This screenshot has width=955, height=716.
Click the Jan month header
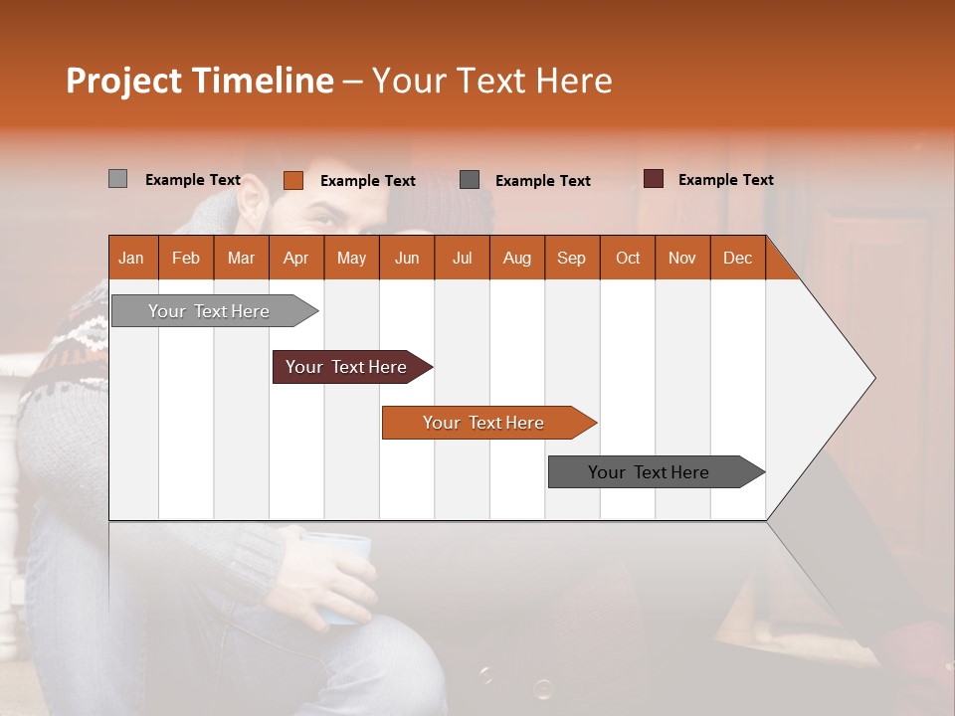click(x=131, y=258)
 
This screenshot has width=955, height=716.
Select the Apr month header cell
click(x=295, y=258)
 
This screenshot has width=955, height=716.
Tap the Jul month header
click(x=462, y=258)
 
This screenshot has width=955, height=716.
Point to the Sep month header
click(x=571, y=258)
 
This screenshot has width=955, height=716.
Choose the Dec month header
click(x=737, y=258)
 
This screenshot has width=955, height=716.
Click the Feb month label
click(x=186, y=258)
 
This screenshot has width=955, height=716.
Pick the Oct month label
click(x=628, y=258)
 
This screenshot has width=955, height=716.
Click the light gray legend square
click(x=117, y=179)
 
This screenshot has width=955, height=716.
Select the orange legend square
click(x=292, y=180)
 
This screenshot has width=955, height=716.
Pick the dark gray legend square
click(x=470, y=179)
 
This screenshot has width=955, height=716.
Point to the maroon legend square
click(x=653, y=179)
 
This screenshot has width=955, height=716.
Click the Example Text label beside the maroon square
click(x=725, y=180)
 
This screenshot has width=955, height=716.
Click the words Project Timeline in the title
click(x=200, y=81)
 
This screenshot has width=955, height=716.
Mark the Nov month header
click(x=682, y=258)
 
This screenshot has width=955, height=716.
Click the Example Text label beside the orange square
click(x=367, y=181)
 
